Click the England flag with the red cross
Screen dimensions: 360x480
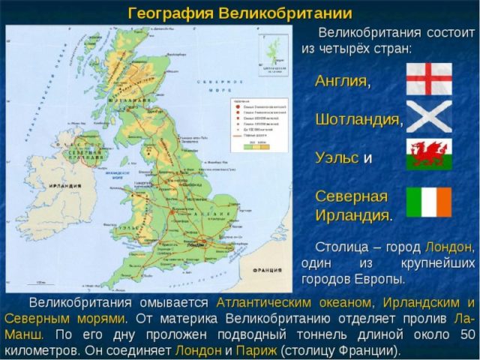(x=429, y=79)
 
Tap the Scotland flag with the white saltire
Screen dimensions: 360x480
(x=429, y=117)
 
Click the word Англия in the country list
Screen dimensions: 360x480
(x=342, y=81)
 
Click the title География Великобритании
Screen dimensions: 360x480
(x=240, y=13)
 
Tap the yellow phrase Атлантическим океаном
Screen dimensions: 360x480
(x=294, y=302)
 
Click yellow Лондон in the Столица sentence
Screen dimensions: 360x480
(x=448, y=247)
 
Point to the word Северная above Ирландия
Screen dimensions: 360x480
(x=351, y=196)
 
